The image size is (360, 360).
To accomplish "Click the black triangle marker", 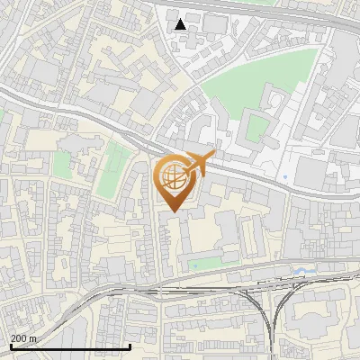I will coord(180,23).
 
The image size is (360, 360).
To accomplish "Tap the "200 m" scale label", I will coord(23,338).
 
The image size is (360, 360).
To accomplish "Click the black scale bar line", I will coord(70,346).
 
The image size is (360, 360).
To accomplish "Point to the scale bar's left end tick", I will coord(10,345).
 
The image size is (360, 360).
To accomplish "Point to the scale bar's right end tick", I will coord(130,345).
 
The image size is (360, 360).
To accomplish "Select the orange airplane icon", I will coord(199,165).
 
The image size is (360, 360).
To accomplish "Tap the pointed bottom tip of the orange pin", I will coord(173,211).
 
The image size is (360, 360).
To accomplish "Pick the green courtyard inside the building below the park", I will coord(256,127).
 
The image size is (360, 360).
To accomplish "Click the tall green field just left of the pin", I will coord(110,171).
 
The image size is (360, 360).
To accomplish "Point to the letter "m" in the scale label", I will coord(33,338).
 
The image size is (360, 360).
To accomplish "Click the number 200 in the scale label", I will coord(19,338).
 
